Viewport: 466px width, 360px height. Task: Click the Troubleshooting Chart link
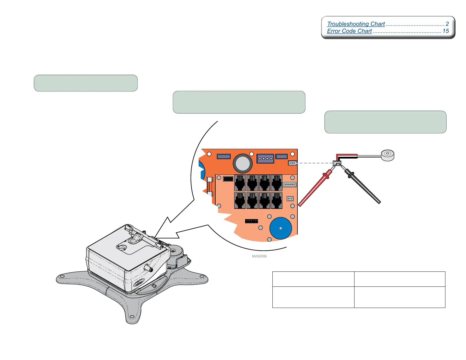pyautogui.click(x=356, y=24)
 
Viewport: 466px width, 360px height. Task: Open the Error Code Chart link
pyautogui.click(x=349, y=31)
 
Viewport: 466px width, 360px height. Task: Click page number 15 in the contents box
pyautogui.click(x=445, y=31)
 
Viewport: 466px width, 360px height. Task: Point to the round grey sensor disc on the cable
pyautogui.click(x=387, y=155)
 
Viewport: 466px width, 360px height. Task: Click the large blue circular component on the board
pyautogui.click(x=281, y=228)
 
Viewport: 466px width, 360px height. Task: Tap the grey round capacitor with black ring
pyautogui.click(x=243, y=164)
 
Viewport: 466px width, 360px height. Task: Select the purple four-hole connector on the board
pyautogui.click(x=265, y=159)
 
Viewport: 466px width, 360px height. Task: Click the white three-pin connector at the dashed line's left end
pyautogui.click(x=292, y=163)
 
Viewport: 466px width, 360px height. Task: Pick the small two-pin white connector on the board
pyautogui.click(x=290, y=199)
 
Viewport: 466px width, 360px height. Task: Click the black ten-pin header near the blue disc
pyautogui.click(x=252, y=221)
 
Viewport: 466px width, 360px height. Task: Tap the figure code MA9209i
pyautogui.click(x=259, y=256)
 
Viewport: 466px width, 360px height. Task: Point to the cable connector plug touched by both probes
pyautogui.click(x=337, y=163)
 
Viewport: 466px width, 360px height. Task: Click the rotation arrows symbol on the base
pyautogui.click(x=154, y=286)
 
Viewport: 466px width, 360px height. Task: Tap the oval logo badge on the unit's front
pyautogui.click(x=138, y=283)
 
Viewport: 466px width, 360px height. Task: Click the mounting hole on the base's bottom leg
pyautogui.click(x=132, y=317)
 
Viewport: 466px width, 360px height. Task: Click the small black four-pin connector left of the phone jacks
pyautogui.click(x=228, y=179)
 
